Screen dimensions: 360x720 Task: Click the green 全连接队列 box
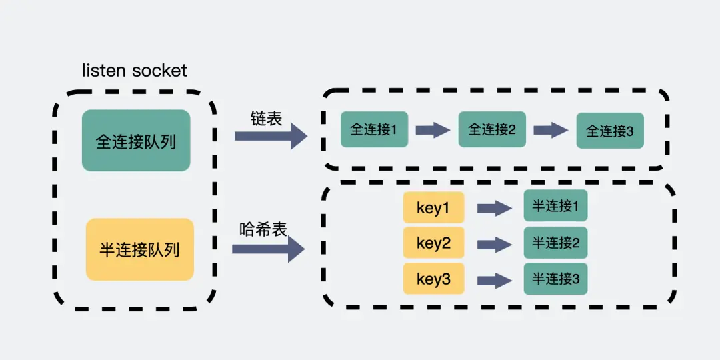click(136, 141)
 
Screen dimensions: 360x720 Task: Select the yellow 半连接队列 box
click(140, 249)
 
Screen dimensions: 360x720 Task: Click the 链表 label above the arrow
click(267, 119)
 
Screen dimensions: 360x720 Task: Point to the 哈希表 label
click(263, 229)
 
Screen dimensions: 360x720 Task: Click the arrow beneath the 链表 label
click(271, 136)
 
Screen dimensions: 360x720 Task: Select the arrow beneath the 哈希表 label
click(268, 249)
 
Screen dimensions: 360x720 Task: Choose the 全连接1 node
click(373, 129)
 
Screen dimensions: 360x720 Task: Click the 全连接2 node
click(491, 129)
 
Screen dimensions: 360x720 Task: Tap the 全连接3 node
click(610, 131)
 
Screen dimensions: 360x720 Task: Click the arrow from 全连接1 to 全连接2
click(433, 130)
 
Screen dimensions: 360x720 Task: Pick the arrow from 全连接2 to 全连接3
click(551, 130)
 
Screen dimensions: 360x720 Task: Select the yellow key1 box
click(433, 209)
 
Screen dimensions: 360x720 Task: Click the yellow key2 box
click(433, 243)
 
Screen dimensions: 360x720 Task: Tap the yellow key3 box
click(433, 279)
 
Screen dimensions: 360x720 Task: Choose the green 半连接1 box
click(555, 207)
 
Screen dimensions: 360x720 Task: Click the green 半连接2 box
click(555, 243)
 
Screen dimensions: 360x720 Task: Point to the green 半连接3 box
click(555, 278)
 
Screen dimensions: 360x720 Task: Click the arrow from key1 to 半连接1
click(494, 209)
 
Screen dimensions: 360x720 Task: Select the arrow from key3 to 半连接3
click(494, 279)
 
